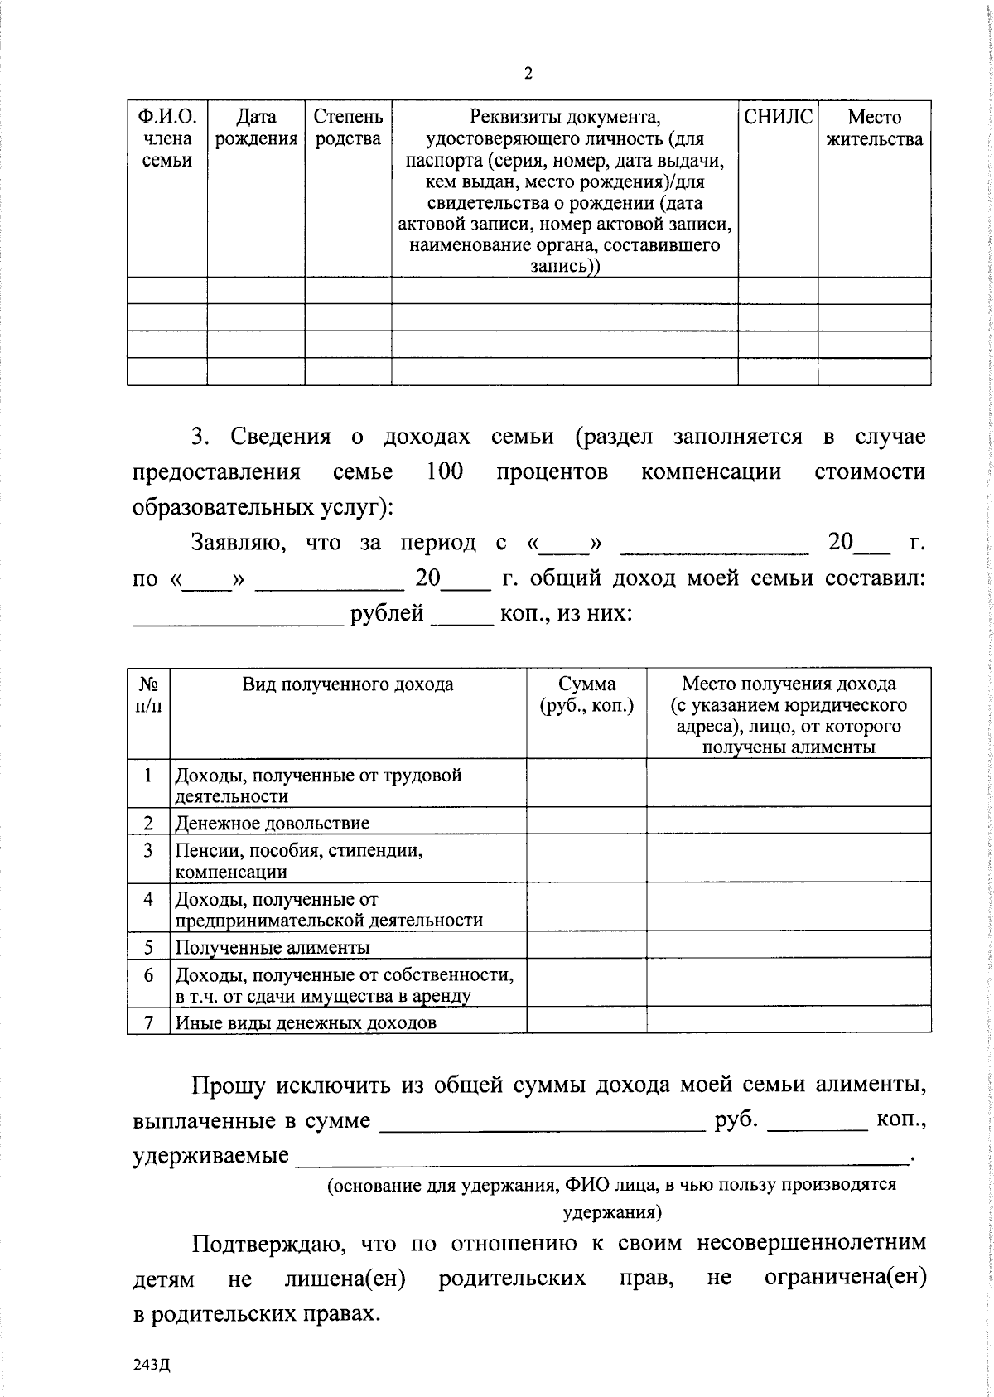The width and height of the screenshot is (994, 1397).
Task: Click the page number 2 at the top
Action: point(528,74)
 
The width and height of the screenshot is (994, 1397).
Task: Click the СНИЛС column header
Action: point(778,118)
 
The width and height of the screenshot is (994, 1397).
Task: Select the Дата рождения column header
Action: point(256,128)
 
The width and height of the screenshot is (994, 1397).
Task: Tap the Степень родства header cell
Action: point(348,128)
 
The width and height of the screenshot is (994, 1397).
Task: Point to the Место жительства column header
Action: point(874,128)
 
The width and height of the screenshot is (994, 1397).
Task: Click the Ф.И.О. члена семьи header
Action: point(166,138)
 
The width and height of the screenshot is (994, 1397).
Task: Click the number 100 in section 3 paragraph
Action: point(444,472)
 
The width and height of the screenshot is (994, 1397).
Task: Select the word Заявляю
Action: point(239,543)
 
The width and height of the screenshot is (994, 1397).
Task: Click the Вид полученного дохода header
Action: point(348,684)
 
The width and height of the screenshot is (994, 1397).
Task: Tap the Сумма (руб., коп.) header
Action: point(586,694)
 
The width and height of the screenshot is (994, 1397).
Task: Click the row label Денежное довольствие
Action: point(272,824)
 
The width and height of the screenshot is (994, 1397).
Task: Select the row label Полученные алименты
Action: point(272,947)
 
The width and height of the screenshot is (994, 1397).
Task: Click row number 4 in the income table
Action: point(148,899)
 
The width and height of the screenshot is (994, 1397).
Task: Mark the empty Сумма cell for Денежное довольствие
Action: point(586,821)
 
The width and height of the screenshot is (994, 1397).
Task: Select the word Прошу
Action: point(228,1085)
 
